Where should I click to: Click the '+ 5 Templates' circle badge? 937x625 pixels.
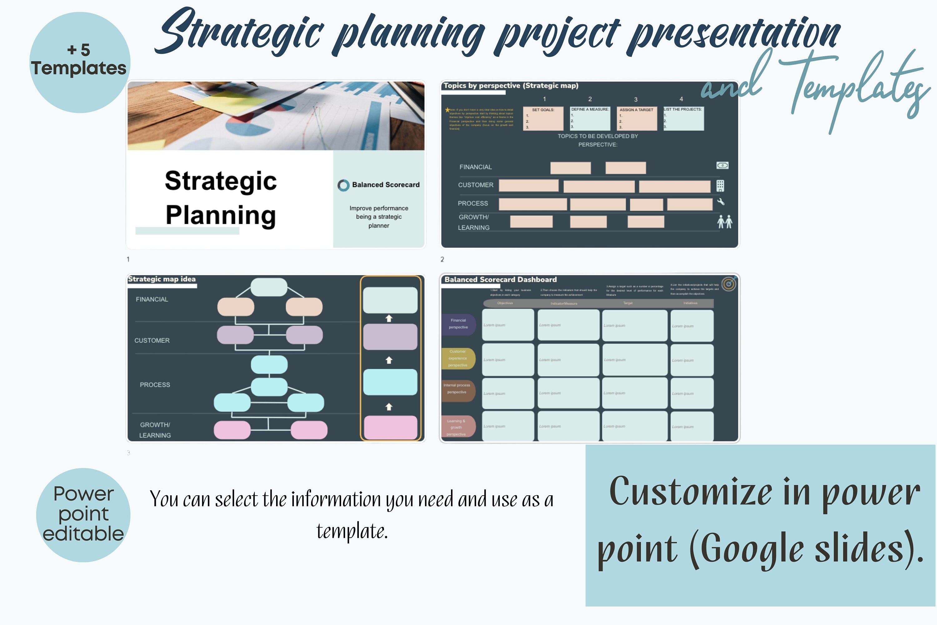(x=80, y=62)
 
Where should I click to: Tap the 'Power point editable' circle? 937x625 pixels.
(x=83, y=515)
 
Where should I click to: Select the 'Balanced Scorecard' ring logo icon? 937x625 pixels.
(x=343, y=185)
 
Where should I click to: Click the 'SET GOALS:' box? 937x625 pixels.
(x=543, y=118)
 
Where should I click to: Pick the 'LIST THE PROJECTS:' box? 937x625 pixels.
(x=683, y=118)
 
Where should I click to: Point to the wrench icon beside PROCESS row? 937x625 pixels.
(x=721, y=202)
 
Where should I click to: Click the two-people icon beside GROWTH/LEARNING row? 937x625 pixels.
(x=725, y=222)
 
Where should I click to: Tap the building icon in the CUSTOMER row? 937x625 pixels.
(x=720, y=186)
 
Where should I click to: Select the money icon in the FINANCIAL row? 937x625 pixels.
(x=722, y=165)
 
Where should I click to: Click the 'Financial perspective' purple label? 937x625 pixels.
(x=458, y=324)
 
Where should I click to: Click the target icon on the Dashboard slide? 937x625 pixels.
(x=729, y=284)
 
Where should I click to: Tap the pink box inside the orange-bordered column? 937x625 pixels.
(x=390, y=427)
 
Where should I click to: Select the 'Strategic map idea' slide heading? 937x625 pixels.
(x=162, y=279)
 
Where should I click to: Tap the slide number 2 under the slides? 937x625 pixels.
(x=442, y=259)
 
